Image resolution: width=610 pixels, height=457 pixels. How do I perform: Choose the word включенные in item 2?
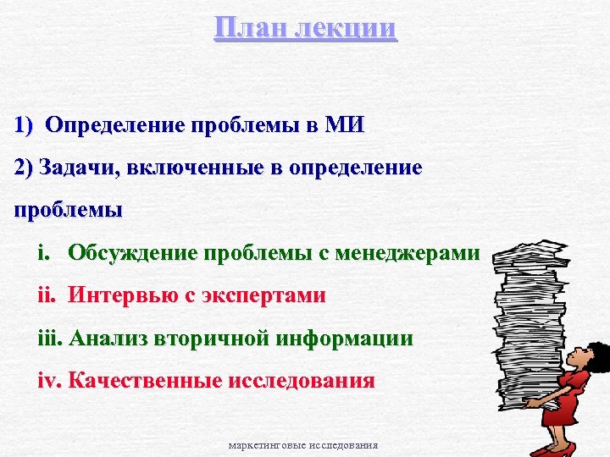(209, 167)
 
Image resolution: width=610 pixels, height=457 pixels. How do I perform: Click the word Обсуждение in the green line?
(130, 252)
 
